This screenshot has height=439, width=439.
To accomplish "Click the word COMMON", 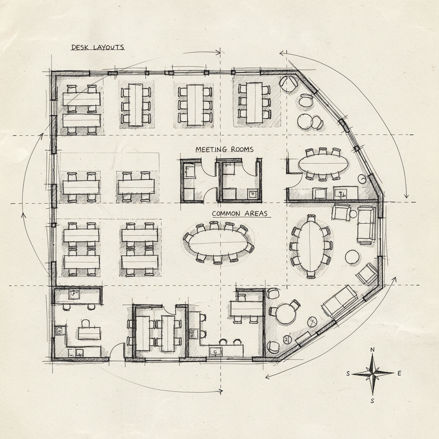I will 228,213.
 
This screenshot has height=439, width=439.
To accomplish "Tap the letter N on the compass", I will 372,350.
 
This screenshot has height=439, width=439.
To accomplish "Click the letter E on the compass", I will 399,373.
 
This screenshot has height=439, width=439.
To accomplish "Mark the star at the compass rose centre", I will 373,373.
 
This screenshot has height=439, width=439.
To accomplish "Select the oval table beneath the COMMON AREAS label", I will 219,243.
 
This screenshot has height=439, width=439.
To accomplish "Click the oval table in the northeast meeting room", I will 323,163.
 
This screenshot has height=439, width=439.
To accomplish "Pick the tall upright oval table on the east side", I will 312,246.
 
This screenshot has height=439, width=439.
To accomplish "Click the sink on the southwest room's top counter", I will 75,294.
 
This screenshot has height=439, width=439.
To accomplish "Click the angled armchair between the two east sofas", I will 367,274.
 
